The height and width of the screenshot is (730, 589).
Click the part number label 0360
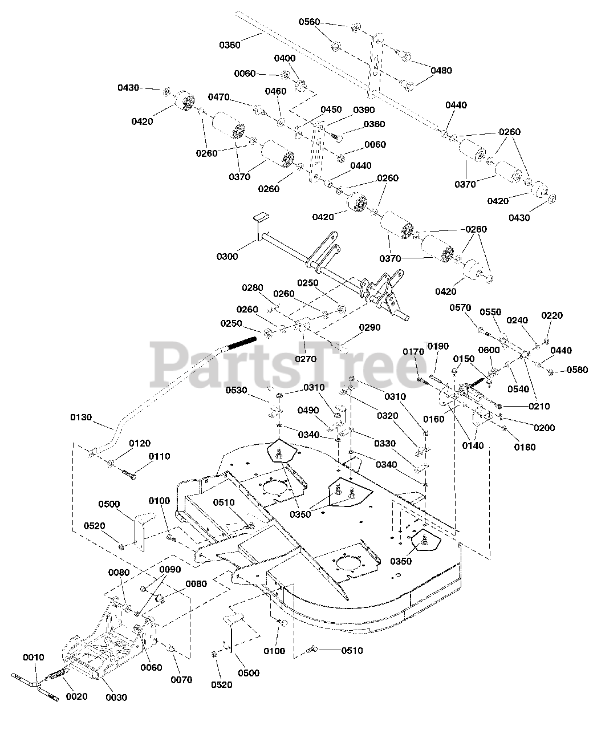click(230, 45)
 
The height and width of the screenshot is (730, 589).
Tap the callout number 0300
click(227, 257)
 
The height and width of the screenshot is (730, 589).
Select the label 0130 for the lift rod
click(81, 417)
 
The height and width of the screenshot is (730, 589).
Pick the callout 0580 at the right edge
click(578, 370)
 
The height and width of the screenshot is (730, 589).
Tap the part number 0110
click(159, 456)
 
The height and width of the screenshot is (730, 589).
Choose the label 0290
click(369, 327)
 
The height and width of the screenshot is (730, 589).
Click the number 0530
click(237, 390)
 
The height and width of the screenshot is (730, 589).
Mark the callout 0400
click(285, 58)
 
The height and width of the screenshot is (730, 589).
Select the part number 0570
click(460, 308)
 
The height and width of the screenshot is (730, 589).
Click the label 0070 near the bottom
click(181, 680)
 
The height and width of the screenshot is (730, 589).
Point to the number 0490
click(308, 410)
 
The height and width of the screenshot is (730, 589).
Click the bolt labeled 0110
click(128, 474)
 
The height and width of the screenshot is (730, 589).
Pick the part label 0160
click(434, 419)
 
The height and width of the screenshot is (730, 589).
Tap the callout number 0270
click(306, 359)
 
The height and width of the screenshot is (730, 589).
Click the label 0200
click(545, 428)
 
